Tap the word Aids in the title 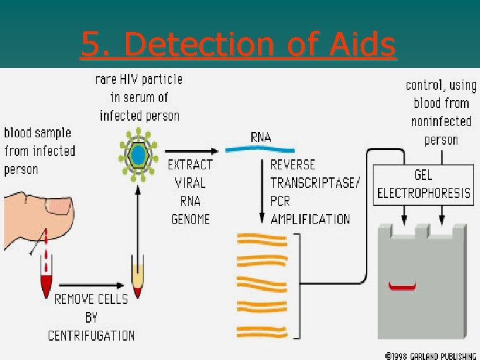pos(363,45)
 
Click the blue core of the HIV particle pos(138,155)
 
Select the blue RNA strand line pos(259,149)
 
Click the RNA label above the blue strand pos(261,137)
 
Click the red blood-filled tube pos(47,283)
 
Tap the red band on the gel pos(403,287)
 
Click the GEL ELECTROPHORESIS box pos(424,183)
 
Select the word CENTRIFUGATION pos(91,335)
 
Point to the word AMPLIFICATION pos(310,219)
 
